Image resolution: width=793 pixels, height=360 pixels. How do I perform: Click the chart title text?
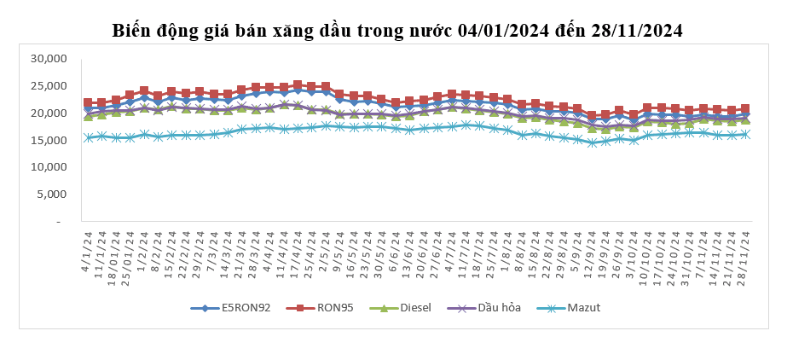397,31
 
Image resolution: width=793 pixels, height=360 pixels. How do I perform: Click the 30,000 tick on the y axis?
48,59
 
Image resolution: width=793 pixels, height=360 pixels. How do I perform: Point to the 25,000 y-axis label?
48,86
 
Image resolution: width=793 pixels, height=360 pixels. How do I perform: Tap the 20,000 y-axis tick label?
48,113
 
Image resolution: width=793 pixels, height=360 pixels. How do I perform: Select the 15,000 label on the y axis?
48,140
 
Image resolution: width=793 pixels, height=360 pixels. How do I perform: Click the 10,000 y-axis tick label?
48,167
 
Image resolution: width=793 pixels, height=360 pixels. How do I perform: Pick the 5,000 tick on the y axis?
51,195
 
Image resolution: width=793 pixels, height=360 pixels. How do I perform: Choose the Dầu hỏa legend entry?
501,307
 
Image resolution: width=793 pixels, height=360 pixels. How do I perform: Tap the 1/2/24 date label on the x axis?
144,246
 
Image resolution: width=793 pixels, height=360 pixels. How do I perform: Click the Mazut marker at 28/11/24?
744,135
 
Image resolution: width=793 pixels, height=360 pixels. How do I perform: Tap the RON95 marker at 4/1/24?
88,103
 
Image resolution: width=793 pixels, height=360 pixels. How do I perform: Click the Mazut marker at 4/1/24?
88,137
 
